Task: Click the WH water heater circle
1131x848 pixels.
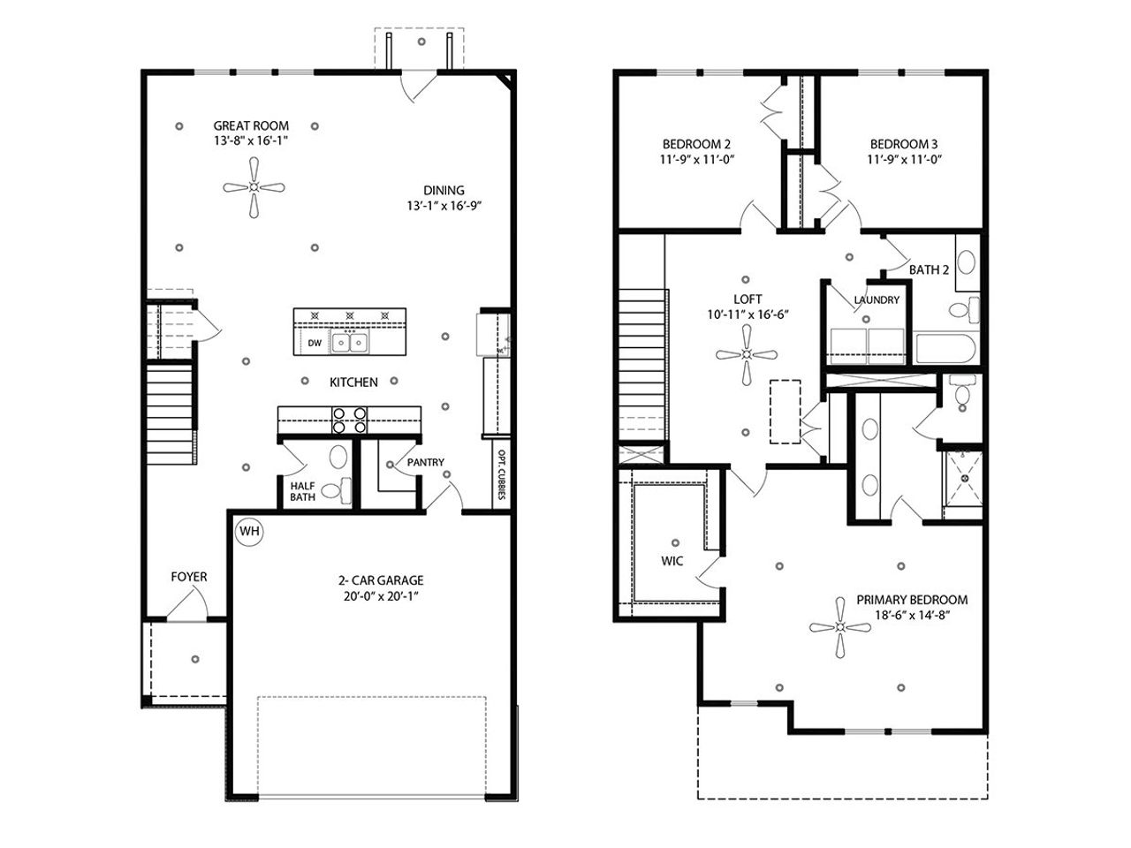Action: (250, 532)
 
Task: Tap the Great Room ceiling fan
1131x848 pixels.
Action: (254, 187)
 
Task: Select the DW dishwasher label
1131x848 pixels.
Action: (315, 343)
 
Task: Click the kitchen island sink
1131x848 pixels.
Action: (350, 342)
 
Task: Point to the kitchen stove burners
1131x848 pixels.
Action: (349, 420)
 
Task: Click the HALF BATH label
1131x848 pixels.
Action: (303, 491)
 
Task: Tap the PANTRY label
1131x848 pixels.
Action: (425, 462)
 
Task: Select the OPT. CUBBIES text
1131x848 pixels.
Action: (501, 476)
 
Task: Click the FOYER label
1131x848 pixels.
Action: (189, 577)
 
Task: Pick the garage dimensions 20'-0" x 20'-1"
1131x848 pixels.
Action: (380, 596)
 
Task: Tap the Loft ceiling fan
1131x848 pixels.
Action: (748, 354)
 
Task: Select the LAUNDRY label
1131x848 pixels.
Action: (877, 300)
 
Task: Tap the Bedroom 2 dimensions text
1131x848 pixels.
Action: (696, 159)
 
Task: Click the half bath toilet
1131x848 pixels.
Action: (336, 488)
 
